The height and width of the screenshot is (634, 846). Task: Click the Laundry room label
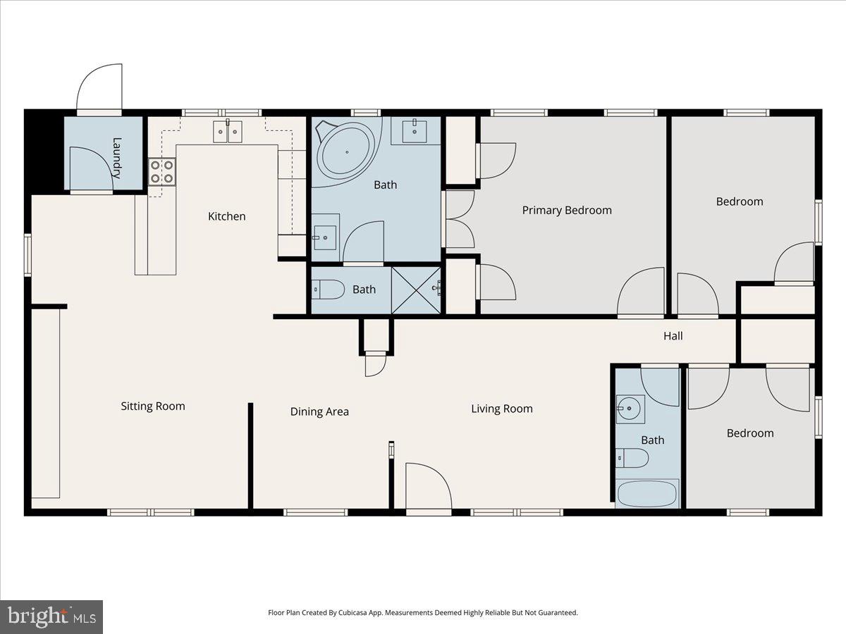[117, 157]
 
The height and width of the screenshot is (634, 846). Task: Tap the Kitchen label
[226, 216]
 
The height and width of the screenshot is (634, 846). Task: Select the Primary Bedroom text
[567, 210]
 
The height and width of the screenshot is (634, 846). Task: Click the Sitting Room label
[153, 406]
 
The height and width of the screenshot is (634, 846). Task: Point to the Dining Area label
[319, 411]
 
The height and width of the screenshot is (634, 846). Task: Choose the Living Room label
[502, 409]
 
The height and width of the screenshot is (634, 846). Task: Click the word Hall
[673, 336]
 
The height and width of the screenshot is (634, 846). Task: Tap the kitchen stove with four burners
[162, 172]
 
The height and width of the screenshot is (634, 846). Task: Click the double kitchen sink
[228, 131]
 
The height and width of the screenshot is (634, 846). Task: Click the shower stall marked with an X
[416, 289]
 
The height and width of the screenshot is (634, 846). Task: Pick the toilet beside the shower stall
[328, 289]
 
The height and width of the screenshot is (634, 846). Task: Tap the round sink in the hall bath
[630, 409]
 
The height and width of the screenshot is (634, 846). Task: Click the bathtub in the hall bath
[647, 493]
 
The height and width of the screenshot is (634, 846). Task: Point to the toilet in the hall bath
[632, 459]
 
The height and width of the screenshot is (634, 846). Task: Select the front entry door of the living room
[428, 486]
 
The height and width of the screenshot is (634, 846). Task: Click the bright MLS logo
[51, 617]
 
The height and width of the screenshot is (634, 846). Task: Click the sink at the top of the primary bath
[415, 130]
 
